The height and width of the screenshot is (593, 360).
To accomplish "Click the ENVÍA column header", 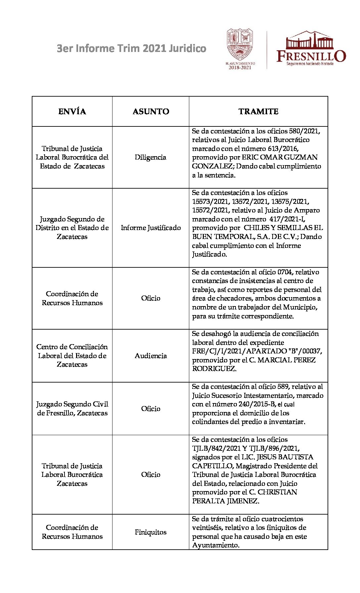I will pos(72,112).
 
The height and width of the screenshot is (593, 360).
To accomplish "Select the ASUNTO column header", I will pos(151,112).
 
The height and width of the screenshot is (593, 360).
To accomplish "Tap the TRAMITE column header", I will pos(258,112).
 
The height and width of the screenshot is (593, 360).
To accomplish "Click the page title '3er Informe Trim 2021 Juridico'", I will pos(131,49).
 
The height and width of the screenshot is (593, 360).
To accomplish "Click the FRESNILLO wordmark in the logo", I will pos(311,56).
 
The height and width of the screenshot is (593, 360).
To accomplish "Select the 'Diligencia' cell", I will pos(151,158).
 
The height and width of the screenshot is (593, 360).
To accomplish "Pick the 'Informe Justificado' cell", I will pos(151,228).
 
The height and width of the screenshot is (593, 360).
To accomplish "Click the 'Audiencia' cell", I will pos(151,356).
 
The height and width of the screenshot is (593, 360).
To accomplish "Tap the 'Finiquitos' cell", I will pos(151,532).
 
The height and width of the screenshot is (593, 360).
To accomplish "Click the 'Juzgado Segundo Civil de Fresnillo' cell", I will pos(72,408).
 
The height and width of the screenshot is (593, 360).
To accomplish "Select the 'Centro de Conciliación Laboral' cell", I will pos(72,355).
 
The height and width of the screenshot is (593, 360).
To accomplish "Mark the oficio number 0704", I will pos(285,272).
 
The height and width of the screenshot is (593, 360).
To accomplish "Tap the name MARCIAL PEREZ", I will pos(287,360).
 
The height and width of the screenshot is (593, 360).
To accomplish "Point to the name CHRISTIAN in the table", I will pos(277,492).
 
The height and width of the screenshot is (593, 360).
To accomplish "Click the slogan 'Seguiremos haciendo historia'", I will pos(310,64).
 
